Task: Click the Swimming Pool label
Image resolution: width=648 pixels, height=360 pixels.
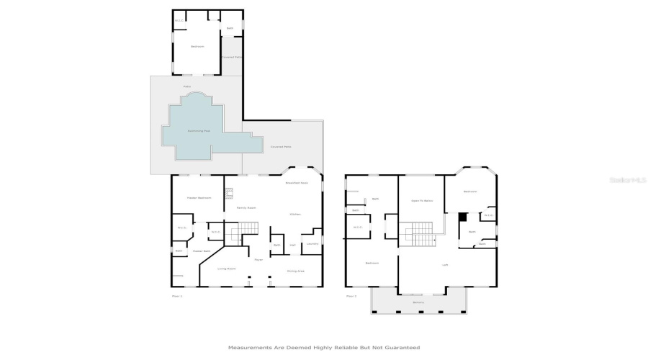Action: point(198,131)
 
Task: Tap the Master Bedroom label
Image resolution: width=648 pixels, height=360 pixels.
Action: point(199,197)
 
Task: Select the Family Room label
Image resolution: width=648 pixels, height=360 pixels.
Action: point(247,207)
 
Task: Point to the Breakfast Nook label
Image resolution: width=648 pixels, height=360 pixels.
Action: point(297,183)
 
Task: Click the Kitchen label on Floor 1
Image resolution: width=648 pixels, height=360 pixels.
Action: point(294,214)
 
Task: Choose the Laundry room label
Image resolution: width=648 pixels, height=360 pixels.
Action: point(312,244)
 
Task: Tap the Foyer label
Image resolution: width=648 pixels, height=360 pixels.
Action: point(257,259)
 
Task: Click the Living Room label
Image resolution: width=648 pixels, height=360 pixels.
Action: point(227,269)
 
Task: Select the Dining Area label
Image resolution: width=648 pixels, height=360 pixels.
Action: point(296,271)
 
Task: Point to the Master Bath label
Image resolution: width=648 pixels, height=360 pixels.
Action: point(201,251)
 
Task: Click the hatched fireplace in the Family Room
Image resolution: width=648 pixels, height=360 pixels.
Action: point(230,192)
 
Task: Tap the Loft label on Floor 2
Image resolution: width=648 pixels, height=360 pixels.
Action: point(445,265)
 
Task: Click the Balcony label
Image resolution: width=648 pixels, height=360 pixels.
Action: point(418,302)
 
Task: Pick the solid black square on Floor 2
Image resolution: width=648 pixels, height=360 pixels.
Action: point(464,216)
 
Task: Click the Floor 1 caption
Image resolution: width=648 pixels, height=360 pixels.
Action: point(177,296)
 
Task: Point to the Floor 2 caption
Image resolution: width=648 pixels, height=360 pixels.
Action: point(351,296)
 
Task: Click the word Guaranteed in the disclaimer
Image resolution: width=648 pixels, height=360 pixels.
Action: point(404,347)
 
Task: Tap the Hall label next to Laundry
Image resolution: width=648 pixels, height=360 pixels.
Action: point(292,245)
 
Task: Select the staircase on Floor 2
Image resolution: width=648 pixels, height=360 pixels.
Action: point(417,235)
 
